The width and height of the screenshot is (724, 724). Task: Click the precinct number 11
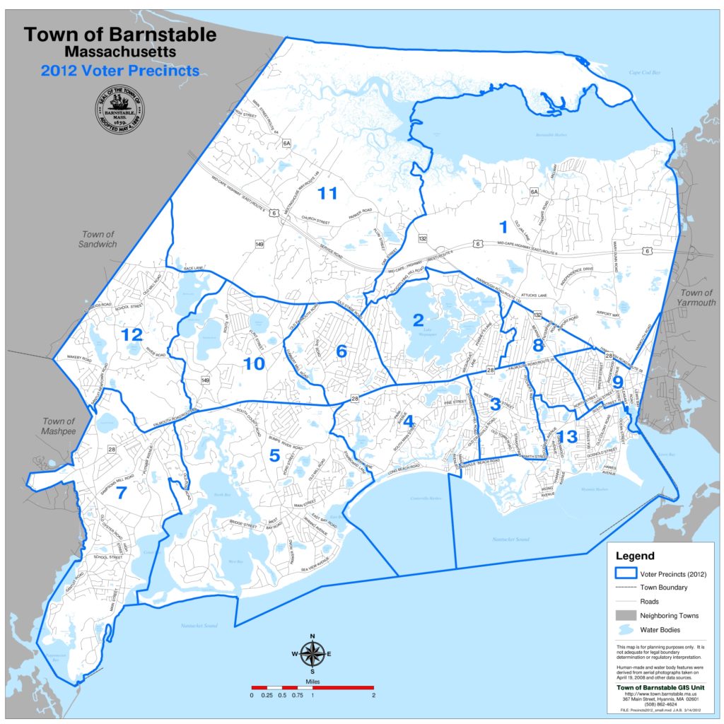coord(327,192)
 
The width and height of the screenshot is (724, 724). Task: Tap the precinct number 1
coord(503,227)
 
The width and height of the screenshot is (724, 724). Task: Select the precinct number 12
coord(132,334)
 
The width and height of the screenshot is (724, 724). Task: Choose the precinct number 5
coord(274,456)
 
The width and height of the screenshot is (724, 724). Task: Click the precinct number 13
coord(568,436)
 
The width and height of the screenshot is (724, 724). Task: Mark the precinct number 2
coord(418,320)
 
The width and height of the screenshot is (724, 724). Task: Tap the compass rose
coord(311,653)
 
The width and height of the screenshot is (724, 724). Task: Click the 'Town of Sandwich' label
coord(98,239)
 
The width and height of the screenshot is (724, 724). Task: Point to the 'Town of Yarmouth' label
coord(696,298)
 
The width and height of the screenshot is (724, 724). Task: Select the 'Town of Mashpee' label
coord(58,426)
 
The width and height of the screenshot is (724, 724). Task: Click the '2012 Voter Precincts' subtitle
coord(119,71)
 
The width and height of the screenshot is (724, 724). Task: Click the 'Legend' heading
coord(635,556)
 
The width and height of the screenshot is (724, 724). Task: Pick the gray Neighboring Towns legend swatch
coord(626,615)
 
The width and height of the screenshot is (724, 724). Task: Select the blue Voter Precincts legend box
coord(626,573)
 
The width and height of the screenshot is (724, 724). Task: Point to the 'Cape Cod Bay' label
coord(644,72)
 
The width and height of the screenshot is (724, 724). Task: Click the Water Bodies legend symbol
coord(626,629)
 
